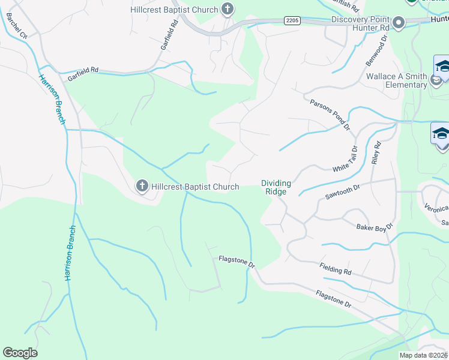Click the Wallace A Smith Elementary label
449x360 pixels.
coord(397,80)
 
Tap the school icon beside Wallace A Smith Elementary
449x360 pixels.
coord(442,67)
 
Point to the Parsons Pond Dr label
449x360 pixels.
coord(330,113)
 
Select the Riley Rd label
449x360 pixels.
coord(376,153)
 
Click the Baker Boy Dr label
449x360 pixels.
coord(374,226)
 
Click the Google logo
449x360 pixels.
coord(20,353)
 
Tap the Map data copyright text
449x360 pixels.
coord(423,355)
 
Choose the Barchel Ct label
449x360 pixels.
coord(16,25)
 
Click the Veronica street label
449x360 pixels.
coord(436,209)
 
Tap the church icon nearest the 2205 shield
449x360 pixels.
coord(227,8)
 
